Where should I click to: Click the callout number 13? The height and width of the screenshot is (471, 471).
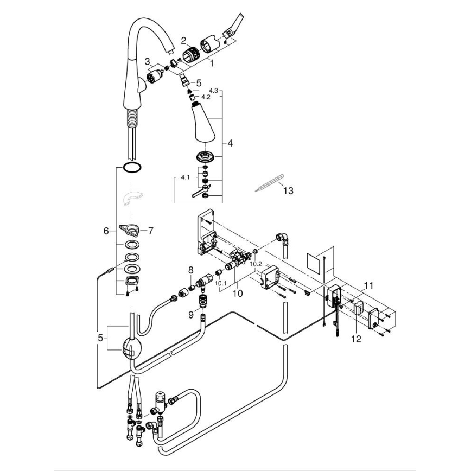[x=288, y=190]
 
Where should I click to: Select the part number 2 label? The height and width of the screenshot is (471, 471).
[x=184, y=40]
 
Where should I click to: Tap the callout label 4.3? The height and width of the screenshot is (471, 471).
[x=213, y=90]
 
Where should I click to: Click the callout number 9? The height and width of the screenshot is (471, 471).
[x=190, y=314]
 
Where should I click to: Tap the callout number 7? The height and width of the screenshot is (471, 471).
[x=150, y=231]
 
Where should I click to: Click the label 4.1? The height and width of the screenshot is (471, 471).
[x=184, y=177]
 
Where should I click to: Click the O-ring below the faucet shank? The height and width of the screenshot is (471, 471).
[x=132, y=167]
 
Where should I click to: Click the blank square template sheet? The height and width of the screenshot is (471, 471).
[x=317, y=263]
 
